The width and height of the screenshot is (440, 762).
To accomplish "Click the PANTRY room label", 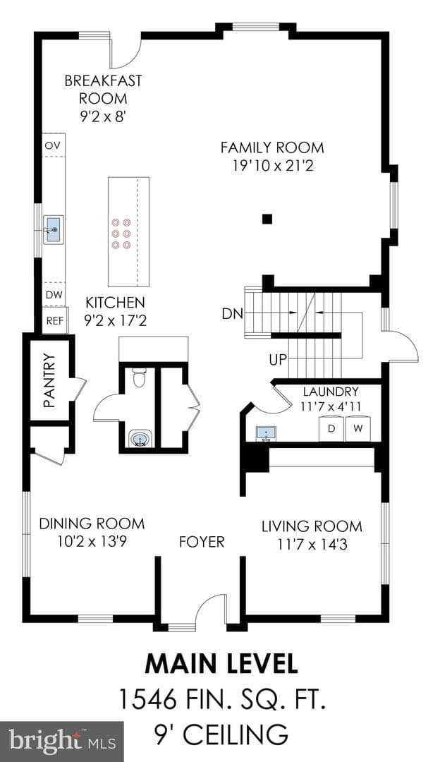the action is point(49,380).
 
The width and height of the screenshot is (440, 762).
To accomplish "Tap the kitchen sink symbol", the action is point(52,230).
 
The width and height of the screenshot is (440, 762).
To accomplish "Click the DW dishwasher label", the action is point(52,294).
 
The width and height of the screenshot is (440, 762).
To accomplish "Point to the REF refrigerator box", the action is point(55,320).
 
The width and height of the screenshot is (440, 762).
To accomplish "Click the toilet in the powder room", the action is point(140,377).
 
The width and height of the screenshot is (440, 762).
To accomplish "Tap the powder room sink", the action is point(140,440).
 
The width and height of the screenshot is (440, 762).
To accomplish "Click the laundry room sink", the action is point(266,433).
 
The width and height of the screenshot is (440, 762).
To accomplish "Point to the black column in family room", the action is point(266,219).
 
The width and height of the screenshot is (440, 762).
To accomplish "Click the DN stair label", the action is point(232,314).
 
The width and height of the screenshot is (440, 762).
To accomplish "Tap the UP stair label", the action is point(278,360).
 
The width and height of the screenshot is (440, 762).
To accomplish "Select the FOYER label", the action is point(202,541).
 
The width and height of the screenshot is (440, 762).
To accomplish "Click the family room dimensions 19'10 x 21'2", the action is point(272,167).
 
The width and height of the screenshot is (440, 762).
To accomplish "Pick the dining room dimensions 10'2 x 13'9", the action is point(92,541).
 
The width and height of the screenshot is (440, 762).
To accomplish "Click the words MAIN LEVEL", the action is point(221,665).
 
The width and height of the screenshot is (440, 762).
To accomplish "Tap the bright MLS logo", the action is point(62,742).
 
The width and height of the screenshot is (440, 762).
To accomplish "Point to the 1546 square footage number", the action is point(147,701).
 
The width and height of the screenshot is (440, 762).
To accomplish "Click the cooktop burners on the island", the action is point(121,234).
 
